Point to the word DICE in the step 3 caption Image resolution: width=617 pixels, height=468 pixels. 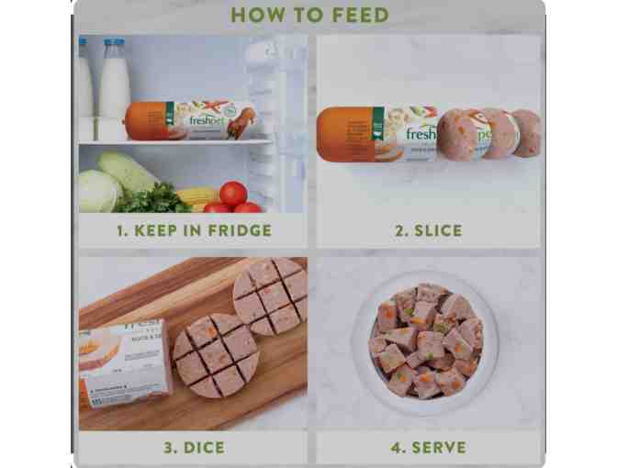205,448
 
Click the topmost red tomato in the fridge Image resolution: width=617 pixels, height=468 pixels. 233,194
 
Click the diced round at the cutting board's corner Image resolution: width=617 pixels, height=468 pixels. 270,295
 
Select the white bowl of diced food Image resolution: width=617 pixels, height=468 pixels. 426,340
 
